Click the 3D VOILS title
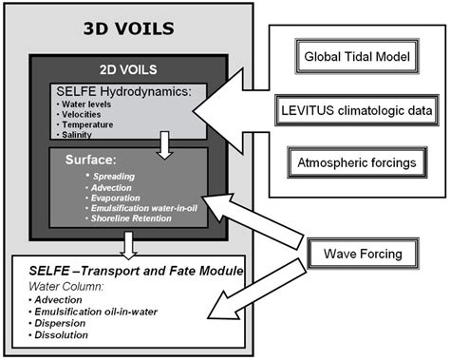(127, 28)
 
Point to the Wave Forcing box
(355, 255)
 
